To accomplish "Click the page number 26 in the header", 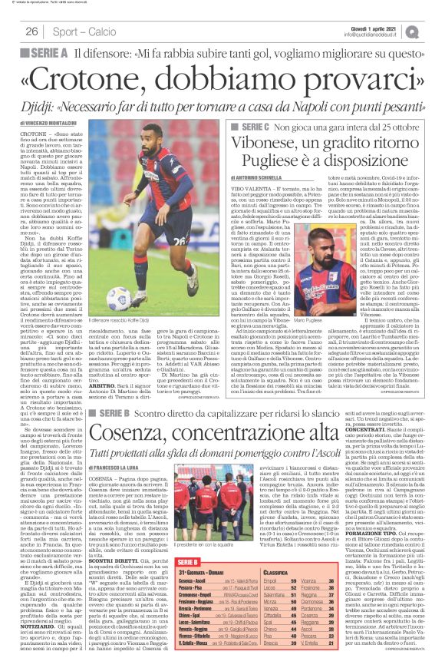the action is pos(31,31).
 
